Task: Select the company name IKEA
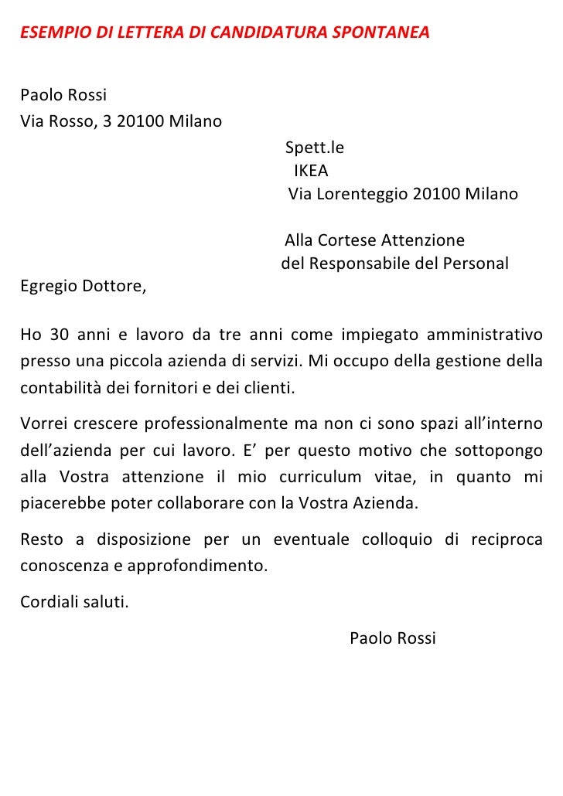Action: point(310,170)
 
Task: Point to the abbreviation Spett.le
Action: point(315,147)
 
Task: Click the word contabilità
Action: point(61,387)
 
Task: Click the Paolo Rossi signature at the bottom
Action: point(393,638)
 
